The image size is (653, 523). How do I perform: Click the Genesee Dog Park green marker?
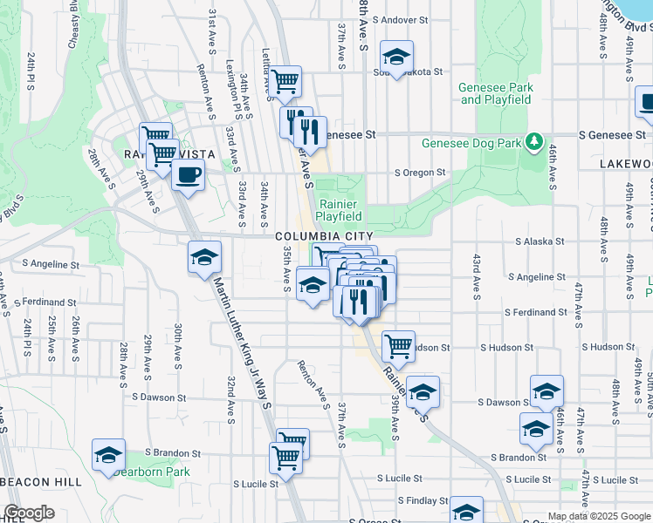533,141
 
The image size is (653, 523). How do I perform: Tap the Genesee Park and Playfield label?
496,93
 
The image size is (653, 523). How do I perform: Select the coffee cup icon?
188,174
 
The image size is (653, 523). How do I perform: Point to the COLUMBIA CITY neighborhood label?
324,236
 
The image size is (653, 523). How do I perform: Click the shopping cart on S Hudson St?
398,345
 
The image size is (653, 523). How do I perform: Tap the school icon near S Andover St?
396,57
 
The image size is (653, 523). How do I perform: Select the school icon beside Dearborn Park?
109,455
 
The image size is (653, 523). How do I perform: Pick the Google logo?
29,513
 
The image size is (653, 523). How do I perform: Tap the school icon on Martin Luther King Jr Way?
204,257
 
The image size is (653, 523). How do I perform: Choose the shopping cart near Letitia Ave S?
285,82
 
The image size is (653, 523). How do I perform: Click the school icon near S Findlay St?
466,512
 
